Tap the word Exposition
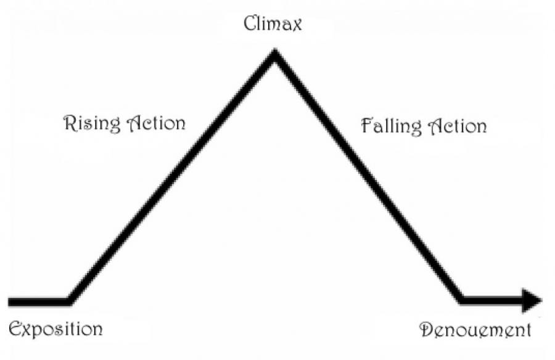[55, 328]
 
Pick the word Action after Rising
[156, 123]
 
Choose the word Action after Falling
[457, 126]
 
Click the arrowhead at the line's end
[531, 300]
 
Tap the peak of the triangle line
[274, 54]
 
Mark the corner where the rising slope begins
[69, 301]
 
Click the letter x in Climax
[297, 26]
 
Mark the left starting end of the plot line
[10, 301]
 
